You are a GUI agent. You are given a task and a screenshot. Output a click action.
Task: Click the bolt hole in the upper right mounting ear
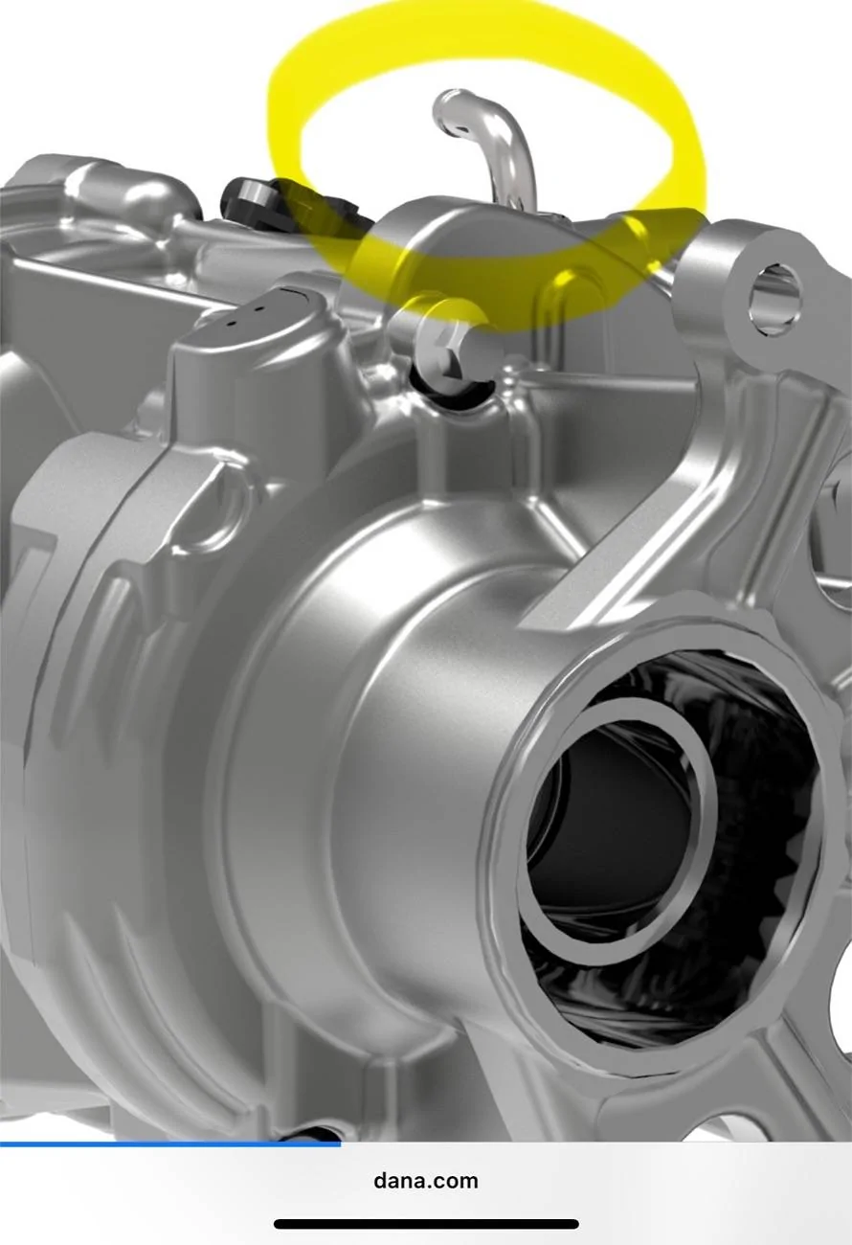coord(775,299)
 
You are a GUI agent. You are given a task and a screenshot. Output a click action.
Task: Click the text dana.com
coord(426,1181)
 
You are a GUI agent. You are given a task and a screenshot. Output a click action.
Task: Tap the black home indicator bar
coord(426,1224)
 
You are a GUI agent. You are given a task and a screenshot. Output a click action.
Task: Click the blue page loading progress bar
coord(170,1144)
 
